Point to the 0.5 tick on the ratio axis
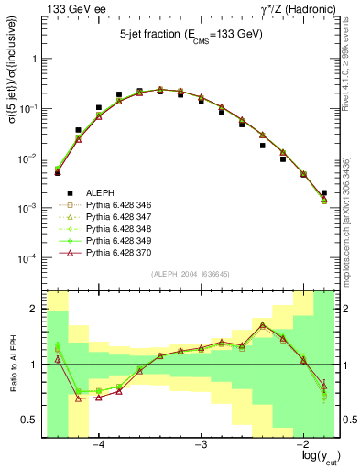pyautogui.click(x=33, y=420)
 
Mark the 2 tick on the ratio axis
pyautogui.click(x=37, y=310)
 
